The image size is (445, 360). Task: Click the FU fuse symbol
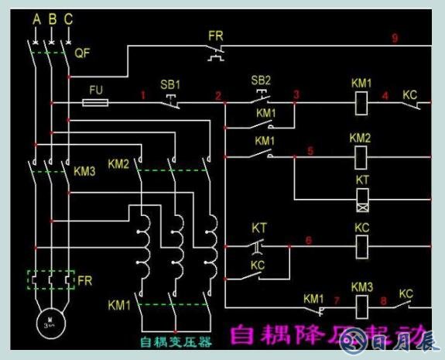click(x=95, y=102)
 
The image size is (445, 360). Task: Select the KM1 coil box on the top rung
click(x=361, y=101)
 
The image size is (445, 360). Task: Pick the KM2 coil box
click(x=361, y=156)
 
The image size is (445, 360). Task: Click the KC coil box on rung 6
click(x=361, y=248)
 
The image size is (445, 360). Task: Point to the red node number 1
click(x=143, y=95)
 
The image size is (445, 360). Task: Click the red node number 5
click(x=310, y=150)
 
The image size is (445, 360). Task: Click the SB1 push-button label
click(x=169, y=84)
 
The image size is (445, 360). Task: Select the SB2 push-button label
click(x=262, y=80)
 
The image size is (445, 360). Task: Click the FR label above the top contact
click(x=216, y=36)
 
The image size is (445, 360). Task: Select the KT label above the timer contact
click(x=259, y=228)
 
